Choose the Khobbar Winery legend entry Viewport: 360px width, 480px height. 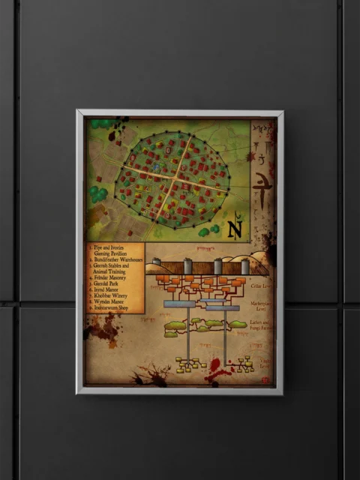(x=111, y=298)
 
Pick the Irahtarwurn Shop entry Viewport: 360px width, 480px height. (x=114, y=310)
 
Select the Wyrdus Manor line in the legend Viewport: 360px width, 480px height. (x=109, y=304)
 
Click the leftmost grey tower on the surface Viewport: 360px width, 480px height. (x=157, y=266)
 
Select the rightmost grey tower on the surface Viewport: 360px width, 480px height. (x=244, y=266)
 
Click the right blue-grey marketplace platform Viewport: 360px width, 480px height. (x=223, y=307)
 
